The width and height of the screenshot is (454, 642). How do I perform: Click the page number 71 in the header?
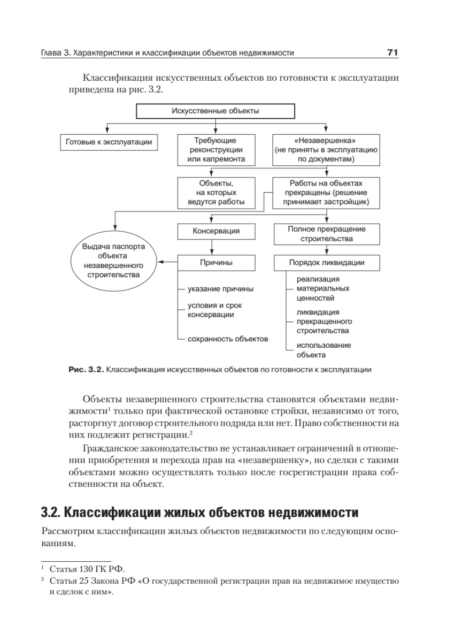coord(393,53)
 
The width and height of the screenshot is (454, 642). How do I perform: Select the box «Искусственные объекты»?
coord(215,111)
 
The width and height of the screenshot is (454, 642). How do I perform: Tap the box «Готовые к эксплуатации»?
coord(109,142)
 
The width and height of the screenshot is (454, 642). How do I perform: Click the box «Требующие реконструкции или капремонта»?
coord(216,149)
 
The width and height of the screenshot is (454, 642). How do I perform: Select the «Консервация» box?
coord(216,232)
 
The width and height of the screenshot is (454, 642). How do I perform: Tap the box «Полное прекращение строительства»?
coord(326,233)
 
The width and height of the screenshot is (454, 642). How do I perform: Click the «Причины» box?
coord(216,263)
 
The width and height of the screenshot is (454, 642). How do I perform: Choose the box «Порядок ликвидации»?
coord(326,263)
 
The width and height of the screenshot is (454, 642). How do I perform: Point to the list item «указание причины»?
coord(220,289)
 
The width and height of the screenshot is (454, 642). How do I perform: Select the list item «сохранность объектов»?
coord(228,339)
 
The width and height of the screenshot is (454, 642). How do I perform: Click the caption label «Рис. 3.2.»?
coord(86,369)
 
